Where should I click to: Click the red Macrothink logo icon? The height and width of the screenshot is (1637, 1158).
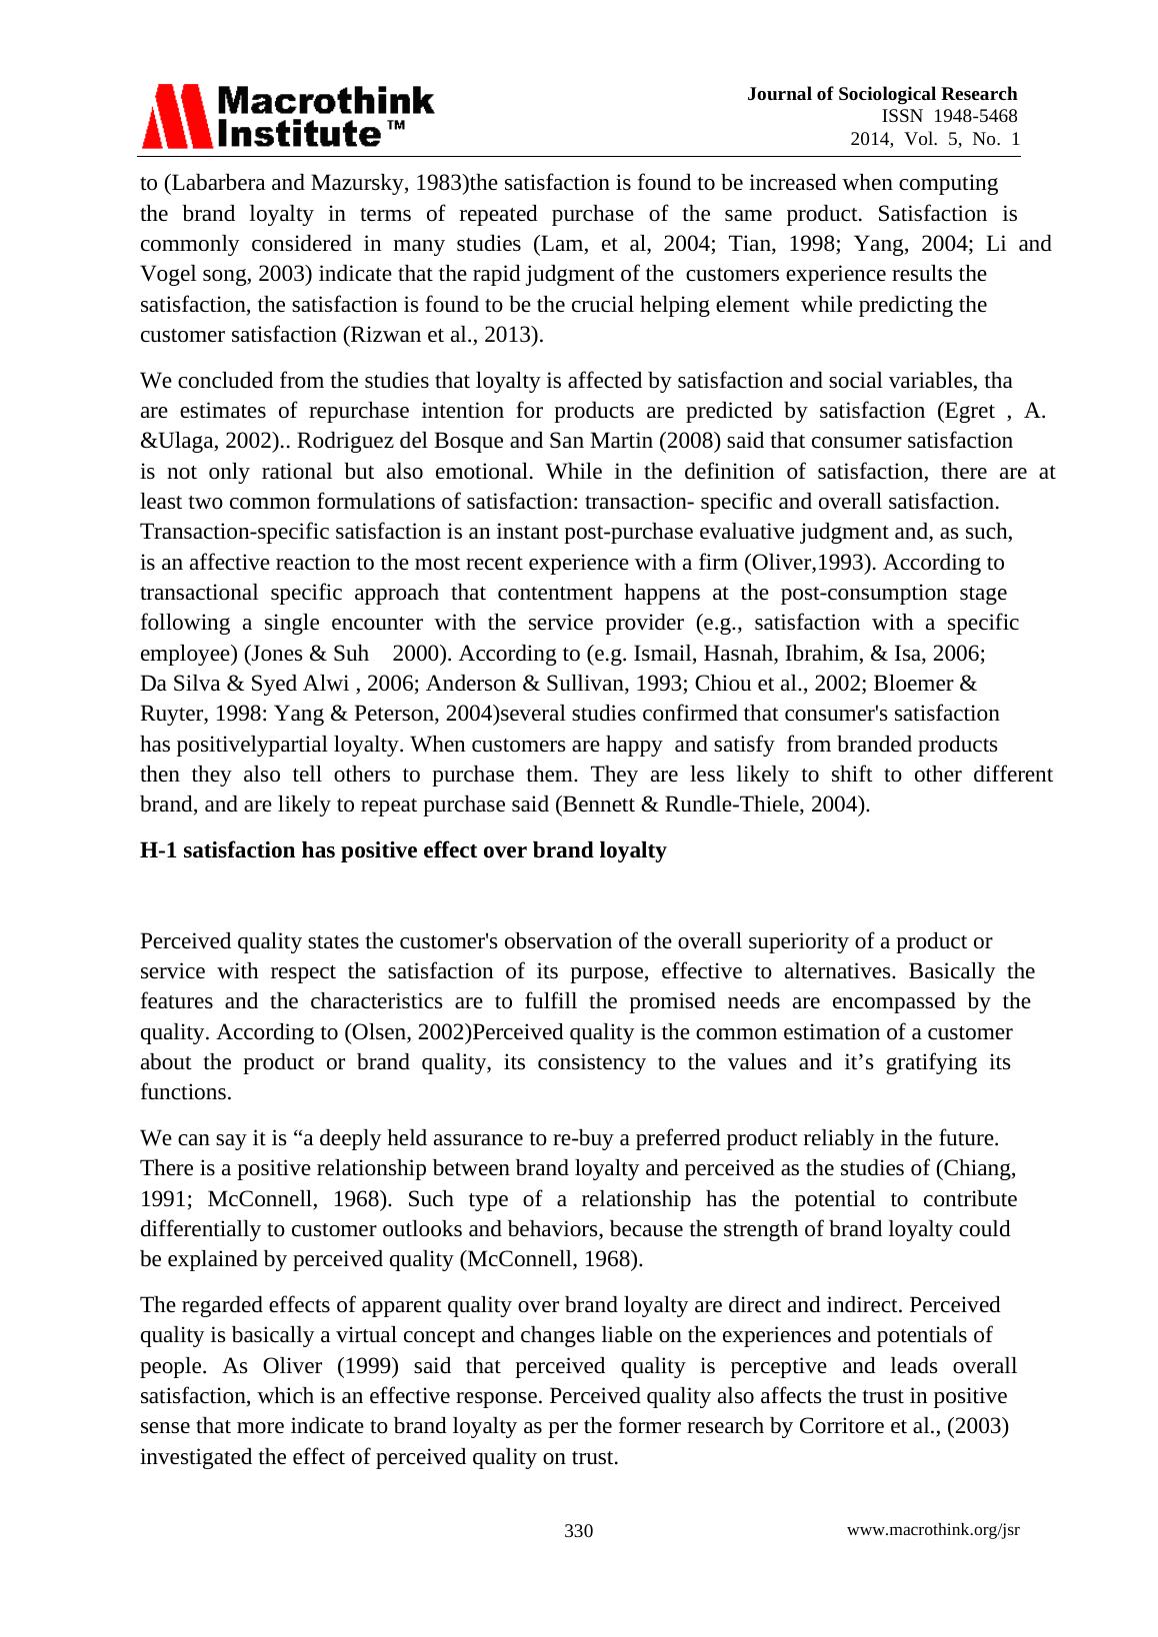[x=177, y=117]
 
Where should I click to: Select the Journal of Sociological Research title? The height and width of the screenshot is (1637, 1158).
[x=882, y=94]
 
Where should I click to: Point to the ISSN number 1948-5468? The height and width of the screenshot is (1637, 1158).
[x=975, y=116]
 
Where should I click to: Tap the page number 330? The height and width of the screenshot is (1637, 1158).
[x=578, y=1531]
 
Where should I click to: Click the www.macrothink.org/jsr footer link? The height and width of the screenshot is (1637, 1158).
[x=933, y=1530]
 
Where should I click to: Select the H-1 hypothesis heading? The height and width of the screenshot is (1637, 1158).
[x=403, y=850]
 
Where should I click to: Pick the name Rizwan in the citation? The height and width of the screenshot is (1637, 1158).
[x=384, y=335]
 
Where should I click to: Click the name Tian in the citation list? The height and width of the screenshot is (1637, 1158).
[x=749, y=244]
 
